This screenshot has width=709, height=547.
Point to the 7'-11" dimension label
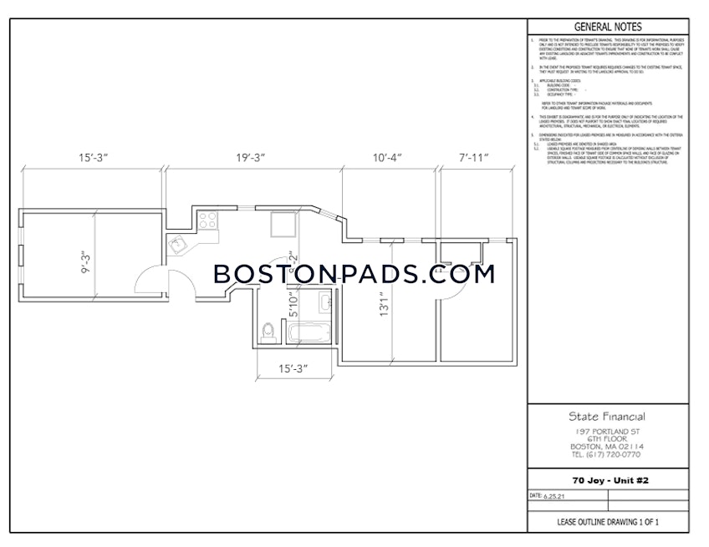(474, 157)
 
